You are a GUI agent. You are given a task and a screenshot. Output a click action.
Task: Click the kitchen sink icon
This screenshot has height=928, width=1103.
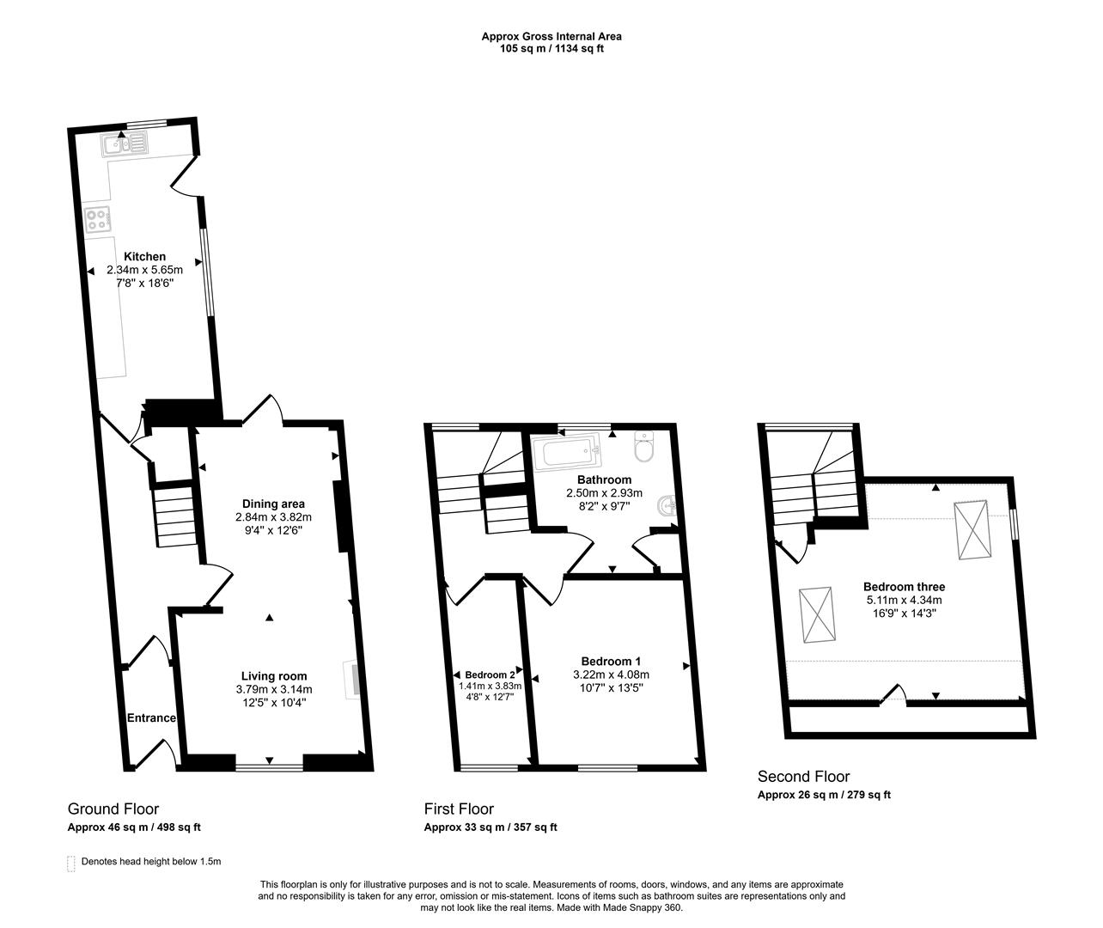(x=125, y=145)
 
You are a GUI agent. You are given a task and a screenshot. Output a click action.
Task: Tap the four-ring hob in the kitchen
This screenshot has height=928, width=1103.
(x=97, y=220)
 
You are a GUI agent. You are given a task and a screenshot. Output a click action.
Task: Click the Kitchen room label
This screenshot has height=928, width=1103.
(x=144, y=256)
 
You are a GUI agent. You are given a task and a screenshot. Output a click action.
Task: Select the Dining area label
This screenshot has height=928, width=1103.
(x=273, y=504)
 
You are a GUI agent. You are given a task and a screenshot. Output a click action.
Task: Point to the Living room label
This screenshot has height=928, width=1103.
(x=273, y=675)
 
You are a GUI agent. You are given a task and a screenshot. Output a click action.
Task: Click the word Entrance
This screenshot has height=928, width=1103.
(x=151, y=717)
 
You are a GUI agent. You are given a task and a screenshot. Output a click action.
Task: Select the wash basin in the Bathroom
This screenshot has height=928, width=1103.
(x=667, y=508)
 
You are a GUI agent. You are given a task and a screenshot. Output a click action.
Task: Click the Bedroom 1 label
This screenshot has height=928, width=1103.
(x=611, y=661)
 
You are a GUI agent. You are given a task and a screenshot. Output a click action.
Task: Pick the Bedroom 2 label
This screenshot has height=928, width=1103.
(x=490, y=675)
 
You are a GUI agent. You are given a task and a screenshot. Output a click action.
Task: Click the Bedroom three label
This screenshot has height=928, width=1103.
(x=904, y=587)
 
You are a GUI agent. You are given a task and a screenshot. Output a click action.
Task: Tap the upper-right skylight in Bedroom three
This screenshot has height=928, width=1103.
(x=973, y=528)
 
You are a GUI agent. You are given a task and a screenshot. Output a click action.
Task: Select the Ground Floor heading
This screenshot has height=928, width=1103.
(x=113, y=809)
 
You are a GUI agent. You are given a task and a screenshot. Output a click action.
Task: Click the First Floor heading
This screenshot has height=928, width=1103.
(x=459, y=809)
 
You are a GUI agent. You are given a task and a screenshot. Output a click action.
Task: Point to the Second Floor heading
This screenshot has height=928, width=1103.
(x=803, y=776)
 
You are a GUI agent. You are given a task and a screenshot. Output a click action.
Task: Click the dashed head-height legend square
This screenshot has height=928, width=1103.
(x=70, y=862)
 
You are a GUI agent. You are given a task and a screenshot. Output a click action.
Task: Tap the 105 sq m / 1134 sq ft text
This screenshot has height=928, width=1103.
(x=551, y=49)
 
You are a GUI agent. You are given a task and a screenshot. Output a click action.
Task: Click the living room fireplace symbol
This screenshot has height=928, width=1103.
(x=353, y=677)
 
